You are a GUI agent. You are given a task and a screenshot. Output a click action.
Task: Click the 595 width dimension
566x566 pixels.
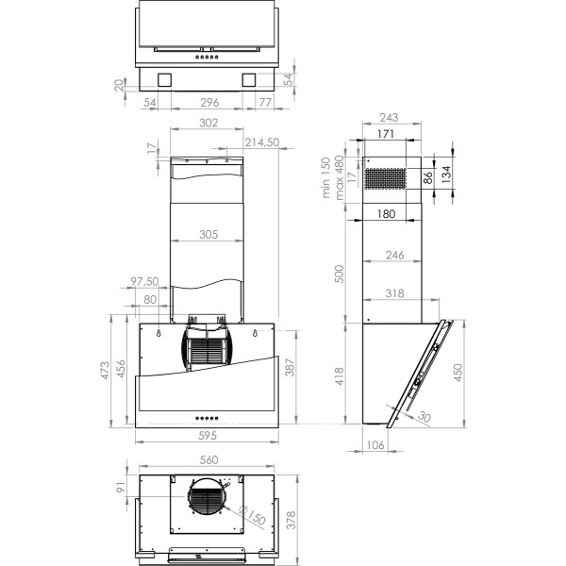208,436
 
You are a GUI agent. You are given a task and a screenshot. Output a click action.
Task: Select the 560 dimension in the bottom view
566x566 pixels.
208,460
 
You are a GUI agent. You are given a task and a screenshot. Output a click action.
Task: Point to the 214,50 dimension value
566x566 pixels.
261,142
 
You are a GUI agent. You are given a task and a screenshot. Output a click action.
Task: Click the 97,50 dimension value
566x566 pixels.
143,282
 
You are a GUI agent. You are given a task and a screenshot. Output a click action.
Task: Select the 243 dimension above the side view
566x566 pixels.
387,118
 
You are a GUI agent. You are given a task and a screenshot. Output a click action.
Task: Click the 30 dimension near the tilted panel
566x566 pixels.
423,417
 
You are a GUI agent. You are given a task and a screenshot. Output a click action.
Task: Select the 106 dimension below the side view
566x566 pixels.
374,446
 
